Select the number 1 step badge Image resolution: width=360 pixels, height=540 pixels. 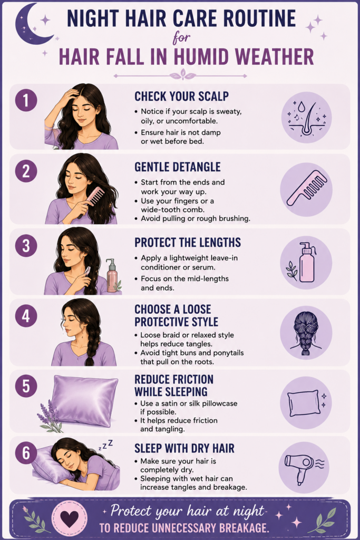click(x=26, y=100)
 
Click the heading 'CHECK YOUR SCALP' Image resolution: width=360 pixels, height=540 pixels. click(x=181, y=96)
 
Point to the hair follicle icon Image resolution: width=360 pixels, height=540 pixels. click(x=306, y=118)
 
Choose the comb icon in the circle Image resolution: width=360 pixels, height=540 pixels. click(x=307, y=188)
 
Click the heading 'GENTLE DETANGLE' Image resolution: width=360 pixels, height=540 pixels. click(x=177, y=167)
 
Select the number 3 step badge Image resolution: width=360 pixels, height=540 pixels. click(x=26, y=246)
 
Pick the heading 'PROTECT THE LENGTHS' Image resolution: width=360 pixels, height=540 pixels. click(x=188, y=243)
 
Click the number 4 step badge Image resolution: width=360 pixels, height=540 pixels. click(x=26, y=316)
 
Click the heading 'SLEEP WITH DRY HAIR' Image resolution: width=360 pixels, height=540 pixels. click(x=184, y=448)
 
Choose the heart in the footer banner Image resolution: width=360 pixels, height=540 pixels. click(x=70, y=519)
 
